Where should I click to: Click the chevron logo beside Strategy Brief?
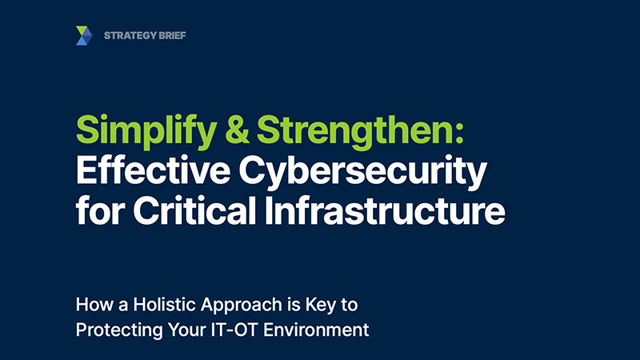[84, 35]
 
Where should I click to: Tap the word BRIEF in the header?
[173, 35]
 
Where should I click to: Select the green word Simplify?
[146, 131]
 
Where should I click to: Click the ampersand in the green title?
[237, 130]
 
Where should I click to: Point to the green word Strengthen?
[354, 131]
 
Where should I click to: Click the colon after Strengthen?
[459, 134]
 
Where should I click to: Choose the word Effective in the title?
[153, 170]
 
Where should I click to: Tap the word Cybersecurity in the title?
[363, 172]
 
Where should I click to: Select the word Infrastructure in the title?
[385, 210]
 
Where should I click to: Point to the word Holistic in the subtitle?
[166, 305]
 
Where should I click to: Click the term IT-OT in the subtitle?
[234, 330]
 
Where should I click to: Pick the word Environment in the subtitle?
[316, 330]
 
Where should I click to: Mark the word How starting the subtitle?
[94, 305]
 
